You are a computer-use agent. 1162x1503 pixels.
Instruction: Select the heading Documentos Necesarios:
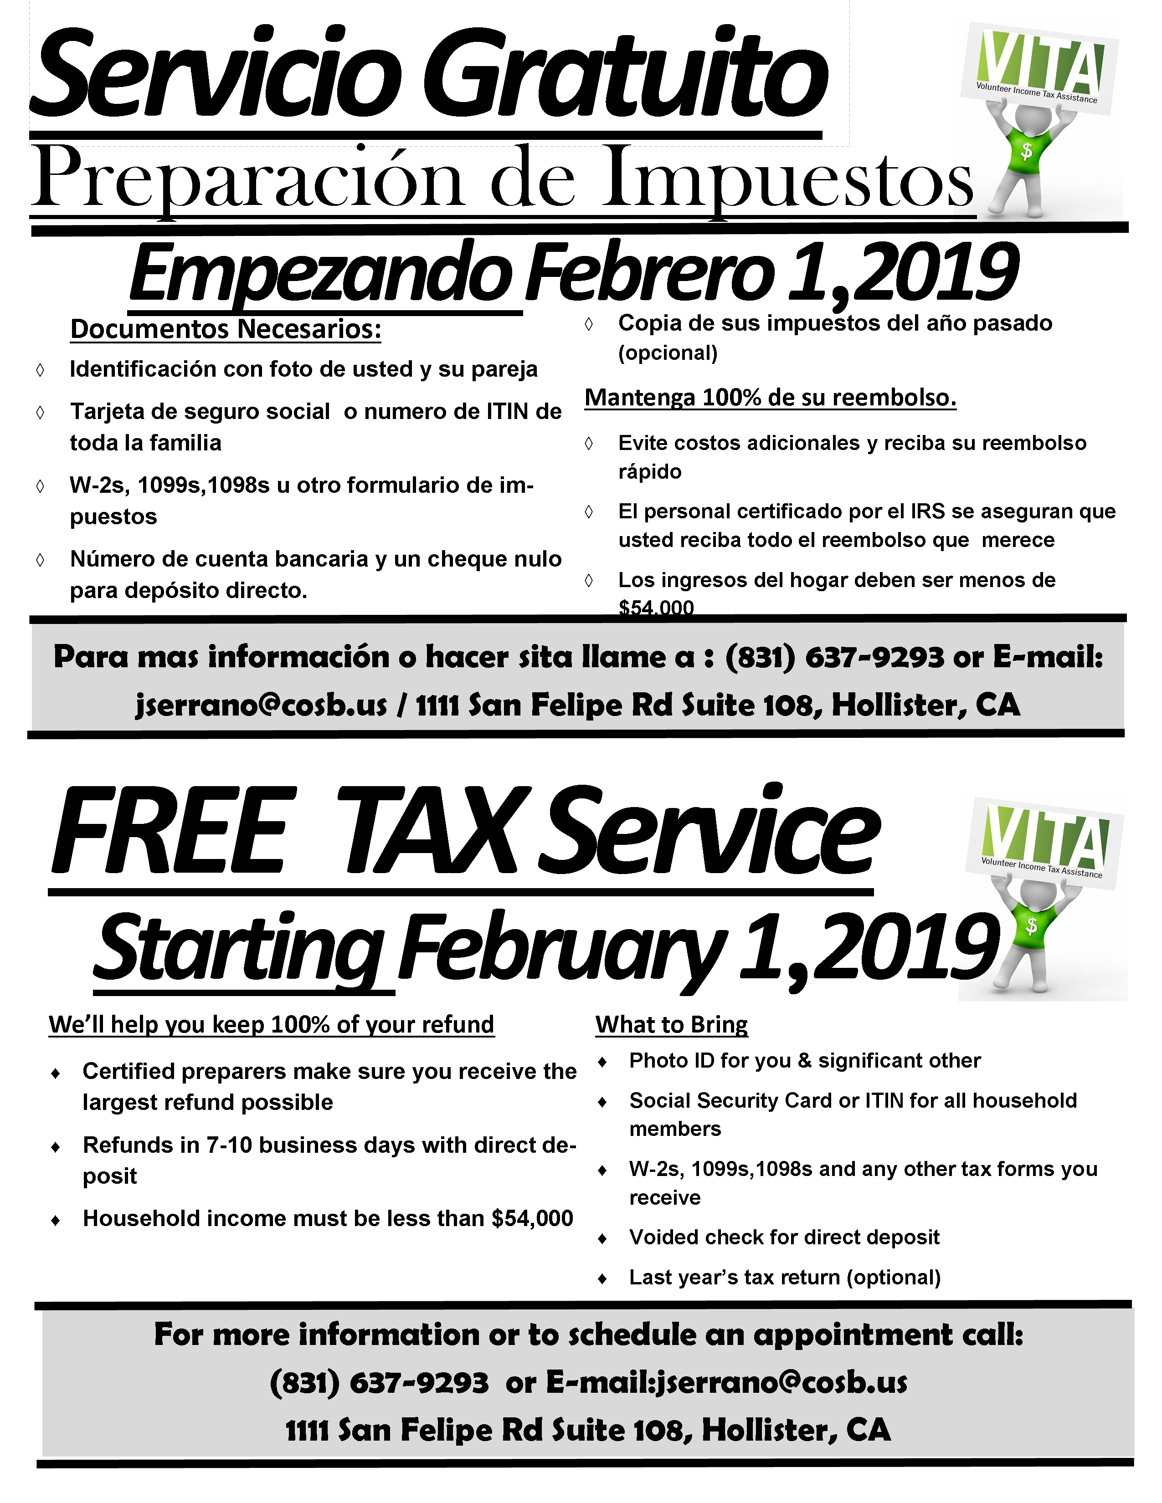point(226,329)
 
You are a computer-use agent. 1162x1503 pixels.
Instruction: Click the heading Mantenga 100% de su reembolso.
point(770,398)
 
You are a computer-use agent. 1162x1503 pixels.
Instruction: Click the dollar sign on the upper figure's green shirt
point(1026,150)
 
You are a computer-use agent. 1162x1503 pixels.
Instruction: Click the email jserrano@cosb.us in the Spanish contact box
point(262,705)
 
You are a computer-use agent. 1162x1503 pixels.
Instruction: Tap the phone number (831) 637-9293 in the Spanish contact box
point(834,657)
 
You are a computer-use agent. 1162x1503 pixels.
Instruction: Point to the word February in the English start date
point(561,951)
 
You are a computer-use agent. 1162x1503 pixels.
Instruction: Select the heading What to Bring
point(671,1025)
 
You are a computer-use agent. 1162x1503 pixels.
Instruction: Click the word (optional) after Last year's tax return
point(894,1277)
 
